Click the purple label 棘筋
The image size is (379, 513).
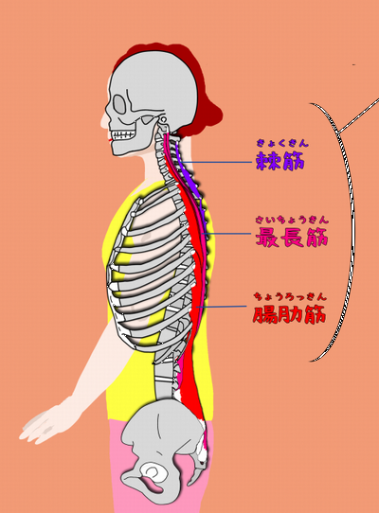pos(280,160)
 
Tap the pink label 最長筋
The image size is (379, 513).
pos(292,237)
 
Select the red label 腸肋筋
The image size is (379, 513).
pos(289,314)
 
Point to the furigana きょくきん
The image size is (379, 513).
pos(282,143)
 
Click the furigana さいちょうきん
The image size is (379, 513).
pos(292,220)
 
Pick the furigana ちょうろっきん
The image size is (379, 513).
pos(290,297)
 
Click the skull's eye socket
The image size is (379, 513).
pos(120,104)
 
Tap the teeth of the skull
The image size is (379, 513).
pos(123,134)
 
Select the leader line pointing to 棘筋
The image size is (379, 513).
pos(217,162)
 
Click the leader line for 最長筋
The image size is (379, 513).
pos(226,234)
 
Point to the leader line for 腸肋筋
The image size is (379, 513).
pos(221,307)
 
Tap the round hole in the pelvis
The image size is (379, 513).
pos(153,472)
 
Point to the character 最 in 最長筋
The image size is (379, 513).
pos(267,237)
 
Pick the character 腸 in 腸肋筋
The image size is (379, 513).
pos(264,314)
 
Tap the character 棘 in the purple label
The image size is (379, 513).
pos(267,160)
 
